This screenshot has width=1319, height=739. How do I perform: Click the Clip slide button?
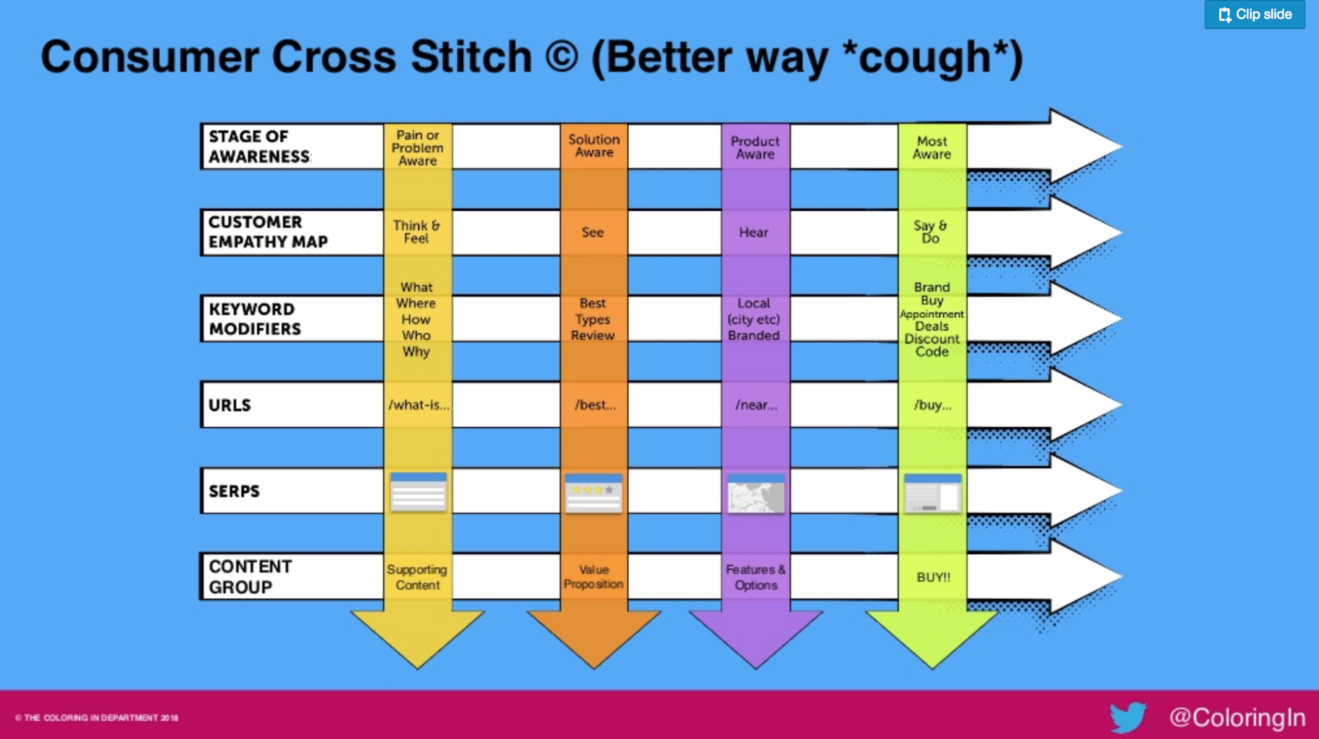(1254, 14)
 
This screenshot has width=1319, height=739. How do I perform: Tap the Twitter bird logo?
(1128, 717)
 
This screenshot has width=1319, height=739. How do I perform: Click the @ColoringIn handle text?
(1237, 717)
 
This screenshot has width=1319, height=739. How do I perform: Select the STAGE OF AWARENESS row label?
(259, 147)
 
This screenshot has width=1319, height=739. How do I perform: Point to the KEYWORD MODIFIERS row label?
(255, 319)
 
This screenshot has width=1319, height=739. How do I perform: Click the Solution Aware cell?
(594, 146)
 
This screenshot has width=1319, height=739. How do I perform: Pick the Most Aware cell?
(932, 148)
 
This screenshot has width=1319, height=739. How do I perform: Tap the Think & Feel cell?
(416, 232)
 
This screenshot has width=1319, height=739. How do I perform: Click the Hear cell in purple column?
(754, 232)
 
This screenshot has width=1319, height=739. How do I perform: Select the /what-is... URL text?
(418, 405)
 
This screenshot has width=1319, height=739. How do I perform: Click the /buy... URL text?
(932, 405)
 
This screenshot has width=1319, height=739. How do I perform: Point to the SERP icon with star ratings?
(593, 493)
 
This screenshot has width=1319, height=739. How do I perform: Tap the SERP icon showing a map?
(756, 493)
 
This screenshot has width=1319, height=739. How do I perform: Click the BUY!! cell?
(933, 577)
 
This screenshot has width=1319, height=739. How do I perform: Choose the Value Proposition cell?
(593, 577)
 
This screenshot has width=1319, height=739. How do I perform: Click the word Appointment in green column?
(932, 314)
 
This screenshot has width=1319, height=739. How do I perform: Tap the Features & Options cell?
(756, 577)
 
